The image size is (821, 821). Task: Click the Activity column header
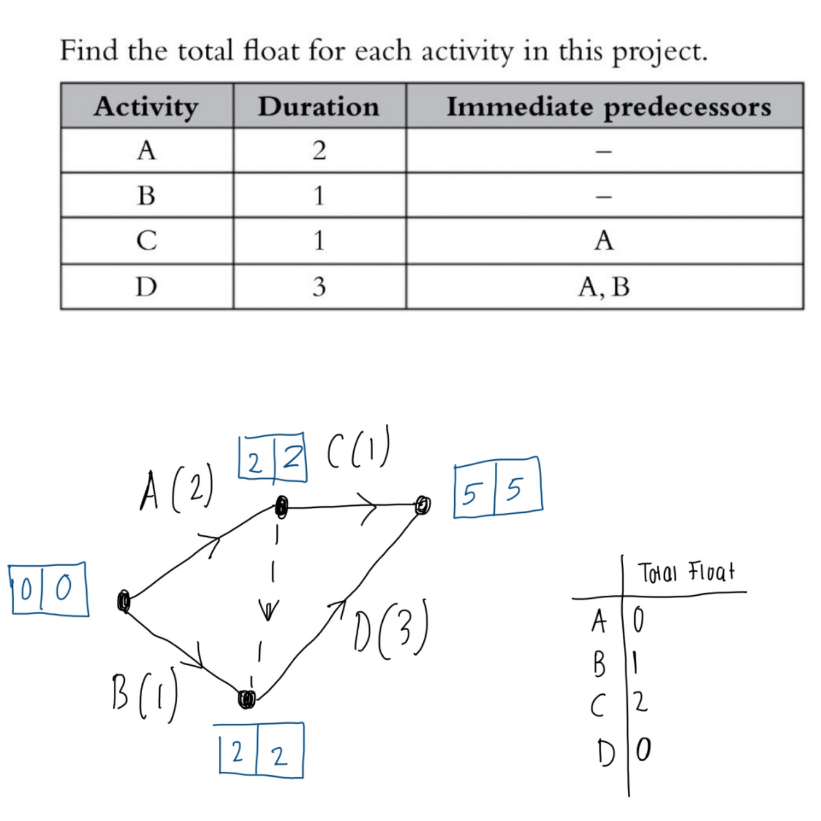(146, 106)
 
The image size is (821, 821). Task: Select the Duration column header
(319, 106)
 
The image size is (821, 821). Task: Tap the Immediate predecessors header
(608, 106)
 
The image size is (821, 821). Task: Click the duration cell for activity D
(319, 287)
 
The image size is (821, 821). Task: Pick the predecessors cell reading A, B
(604, 287)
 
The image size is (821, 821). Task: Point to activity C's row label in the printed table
(146, 240)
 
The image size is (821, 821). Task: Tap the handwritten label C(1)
(358, 451)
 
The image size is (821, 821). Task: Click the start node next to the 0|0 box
(124, 601)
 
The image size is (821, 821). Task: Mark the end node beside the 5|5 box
(422, 505)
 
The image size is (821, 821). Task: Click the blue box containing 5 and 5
(498, 488)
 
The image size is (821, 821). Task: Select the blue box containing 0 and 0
(49, 590)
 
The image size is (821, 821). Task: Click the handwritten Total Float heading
(686, 572)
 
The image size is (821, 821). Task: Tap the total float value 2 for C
(640, 702)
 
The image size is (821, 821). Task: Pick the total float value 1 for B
(636, 663)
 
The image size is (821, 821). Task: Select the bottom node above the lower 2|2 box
(247, 699)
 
